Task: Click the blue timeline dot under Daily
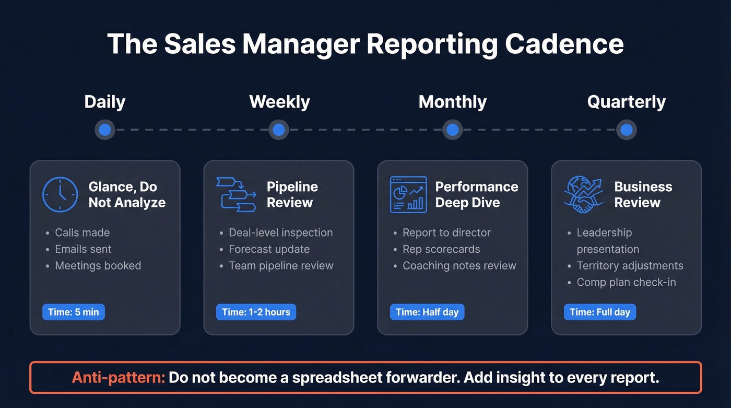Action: (105, 130)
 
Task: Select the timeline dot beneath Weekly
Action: (279, 130)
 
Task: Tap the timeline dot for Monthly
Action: (453, 130)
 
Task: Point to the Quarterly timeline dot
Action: (627, 130)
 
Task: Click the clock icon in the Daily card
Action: (60, 195)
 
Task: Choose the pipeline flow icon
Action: (236, 194)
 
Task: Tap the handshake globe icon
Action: (583, 194)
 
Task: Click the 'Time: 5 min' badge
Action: (74, 312)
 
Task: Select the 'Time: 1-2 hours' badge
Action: (256, 312)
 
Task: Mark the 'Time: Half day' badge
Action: (427, 312)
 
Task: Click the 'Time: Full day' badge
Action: (600, 312)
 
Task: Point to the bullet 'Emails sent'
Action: (84, 249)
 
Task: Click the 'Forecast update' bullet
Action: (269, 249)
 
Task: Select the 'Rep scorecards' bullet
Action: (441, 249)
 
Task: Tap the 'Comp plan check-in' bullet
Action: (626, 282)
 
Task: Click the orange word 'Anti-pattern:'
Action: (119, 377)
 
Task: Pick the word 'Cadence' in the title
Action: (564, 44)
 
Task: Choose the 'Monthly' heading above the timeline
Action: (453, 102)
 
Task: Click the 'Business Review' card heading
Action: (643, 194)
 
